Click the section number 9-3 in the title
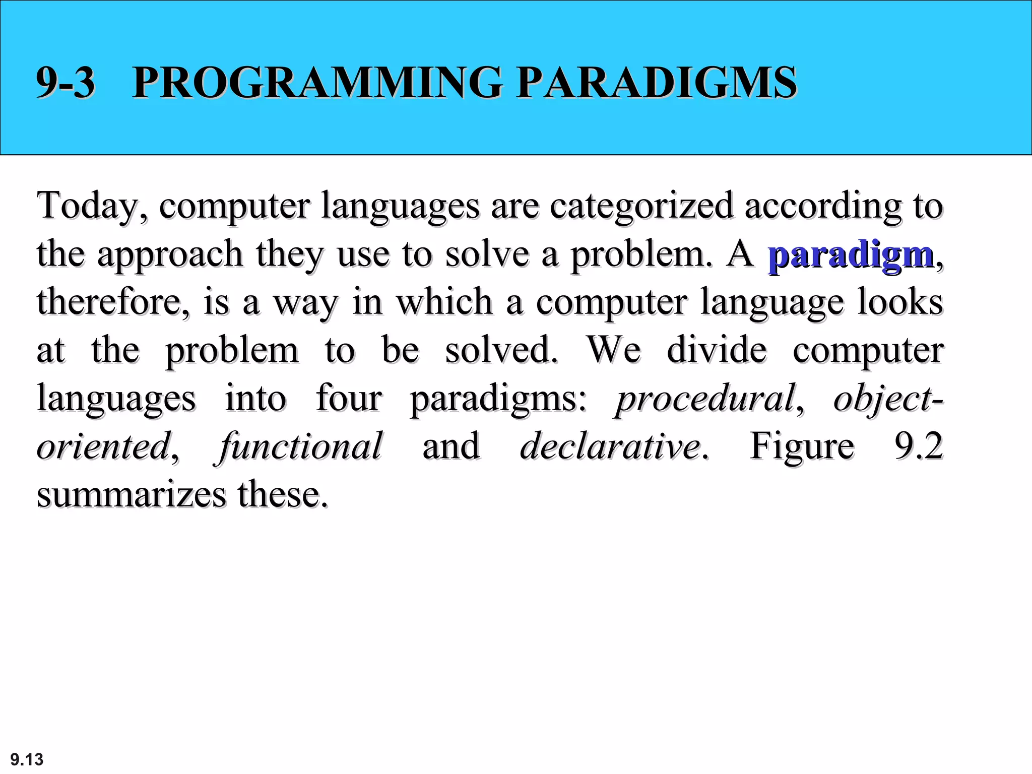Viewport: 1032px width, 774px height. click(66, 82)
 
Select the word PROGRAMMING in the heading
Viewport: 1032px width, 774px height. click(317, 82)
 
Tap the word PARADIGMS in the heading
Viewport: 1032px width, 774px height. click(657, 82)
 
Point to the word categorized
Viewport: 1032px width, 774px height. click(641, 206)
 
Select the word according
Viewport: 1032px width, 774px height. click(823, 206)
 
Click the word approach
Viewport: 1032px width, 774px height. click(170, 254)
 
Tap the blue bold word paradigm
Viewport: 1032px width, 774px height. click(851, 254)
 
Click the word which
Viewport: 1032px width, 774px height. click(443, 302)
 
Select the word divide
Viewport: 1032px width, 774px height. click(717, 350)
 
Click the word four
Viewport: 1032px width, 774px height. click(349, 398)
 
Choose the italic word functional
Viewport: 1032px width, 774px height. click(300, 446)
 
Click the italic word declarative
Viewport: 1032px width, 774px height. click(610, 446)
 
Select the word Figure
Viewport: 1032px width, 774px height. click(802, 446)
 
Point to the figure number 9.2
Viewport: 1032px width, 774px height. click(918, 446)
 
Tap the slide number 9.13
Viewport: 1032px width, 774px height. click(27, 759)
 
